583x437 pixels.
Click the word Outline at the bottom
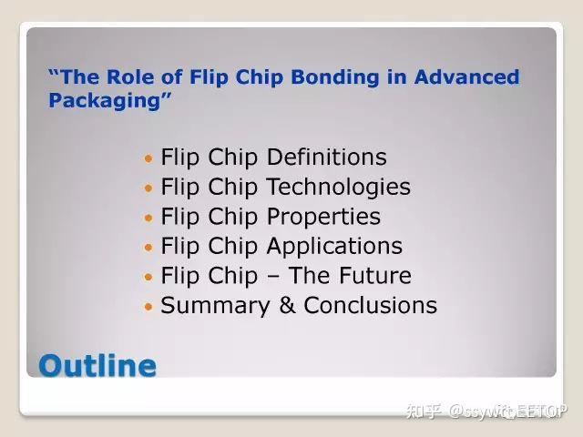click(x=97, y=366)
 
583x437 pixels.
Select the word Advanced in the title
click(x=466, y=77)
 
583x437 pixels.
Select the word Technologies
click(x=339, y=188)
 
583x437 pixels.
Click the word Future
click(x=373, y=276)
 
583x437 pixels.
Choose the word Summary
click(x=215, y=306)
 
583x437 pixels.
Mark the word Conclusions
click(x=371, y=306)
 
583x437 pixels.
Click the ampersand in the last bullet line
click(x=287, y=306)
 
